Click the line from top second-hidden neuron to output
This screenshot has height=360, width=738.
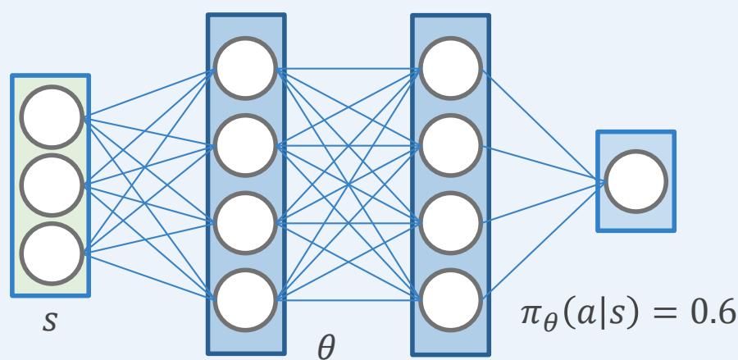point(541,122)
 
